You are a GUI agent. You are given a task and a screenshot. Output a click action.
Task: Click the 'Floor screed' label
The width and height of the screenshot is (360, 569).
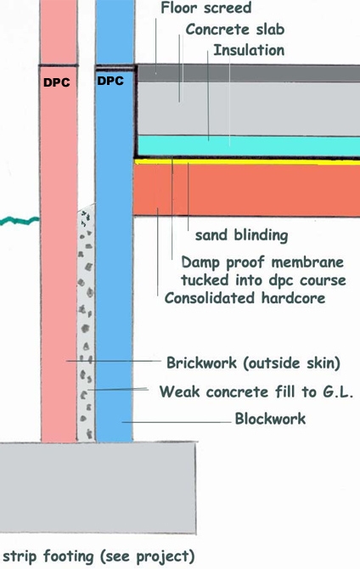(x=205, y=8)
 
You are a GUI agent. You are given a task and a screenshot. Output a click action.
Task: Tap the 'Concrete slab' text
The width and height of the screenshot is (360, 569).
(x=235, y=30)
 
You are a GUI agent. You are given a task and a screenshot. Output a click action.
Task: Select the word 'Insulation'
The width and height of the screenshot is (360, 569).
(x=249, y=50)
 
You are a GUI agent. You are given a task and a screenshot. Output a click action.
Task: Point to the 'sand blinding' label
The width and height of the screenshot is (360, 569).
(x=242, y=235)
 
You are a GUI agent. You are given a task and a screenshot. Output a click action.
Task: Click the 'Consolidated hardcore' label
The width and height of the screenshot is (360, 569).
(x=245, y=298)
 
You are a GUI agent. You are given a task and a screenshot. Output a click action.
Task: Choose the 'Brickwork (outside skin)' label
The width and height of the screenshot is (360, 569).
(x=253, y=363)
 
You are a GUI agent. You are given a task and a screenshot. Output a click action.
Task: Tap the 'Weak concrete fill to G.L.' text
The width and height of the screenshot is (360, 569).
(x=256, y=392)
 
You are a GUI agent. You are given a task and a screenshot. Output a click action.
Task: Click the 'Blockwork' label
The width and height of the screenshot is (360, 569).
(x=270, y=419)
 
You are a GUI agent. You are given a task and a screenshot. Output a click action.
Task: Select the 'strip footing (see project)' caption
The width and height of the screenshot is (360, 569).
(x=98, y=556)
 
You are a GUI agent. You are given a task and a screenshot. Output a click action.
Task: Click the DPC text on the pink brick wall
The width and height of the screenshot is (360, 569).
(x=57, y=82)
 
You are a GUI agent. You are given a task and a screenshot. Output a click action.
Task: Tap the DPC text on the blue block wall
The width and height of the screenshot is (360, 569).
(x=110, y=81)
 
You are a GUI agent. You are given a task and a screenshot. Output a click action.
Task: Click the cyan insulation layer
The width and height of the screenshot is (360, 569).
(x=249, y=146)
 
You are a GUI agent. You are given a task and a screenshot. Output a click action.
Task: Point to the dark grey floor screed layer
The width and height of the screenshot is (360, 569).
(x=249, y=74)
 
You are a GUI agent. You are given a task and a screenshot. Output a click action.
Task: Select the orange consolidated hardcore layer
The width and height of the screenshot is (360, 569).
(x=247, y=190)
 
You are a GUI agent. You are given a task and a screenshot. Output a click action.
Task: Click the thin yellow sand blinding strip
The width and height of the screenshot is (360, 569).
(x=247, y=162)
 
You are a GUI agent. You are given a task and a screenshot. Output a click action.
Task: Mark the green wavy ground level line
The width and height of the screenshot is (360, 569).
(x=20, y=220)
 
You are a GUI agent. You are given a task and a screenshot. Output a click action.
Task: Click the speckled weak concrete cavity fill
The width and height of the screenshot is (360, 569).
(x=86, y=323)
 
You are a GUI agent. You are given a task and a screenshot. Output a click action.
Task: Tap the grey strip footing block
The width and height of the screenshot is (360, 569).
(x=98, y=487)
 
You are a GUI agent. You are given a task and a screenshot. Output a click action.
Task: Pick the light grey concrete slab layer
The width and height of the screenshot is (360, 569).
(x=249, y=109)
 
